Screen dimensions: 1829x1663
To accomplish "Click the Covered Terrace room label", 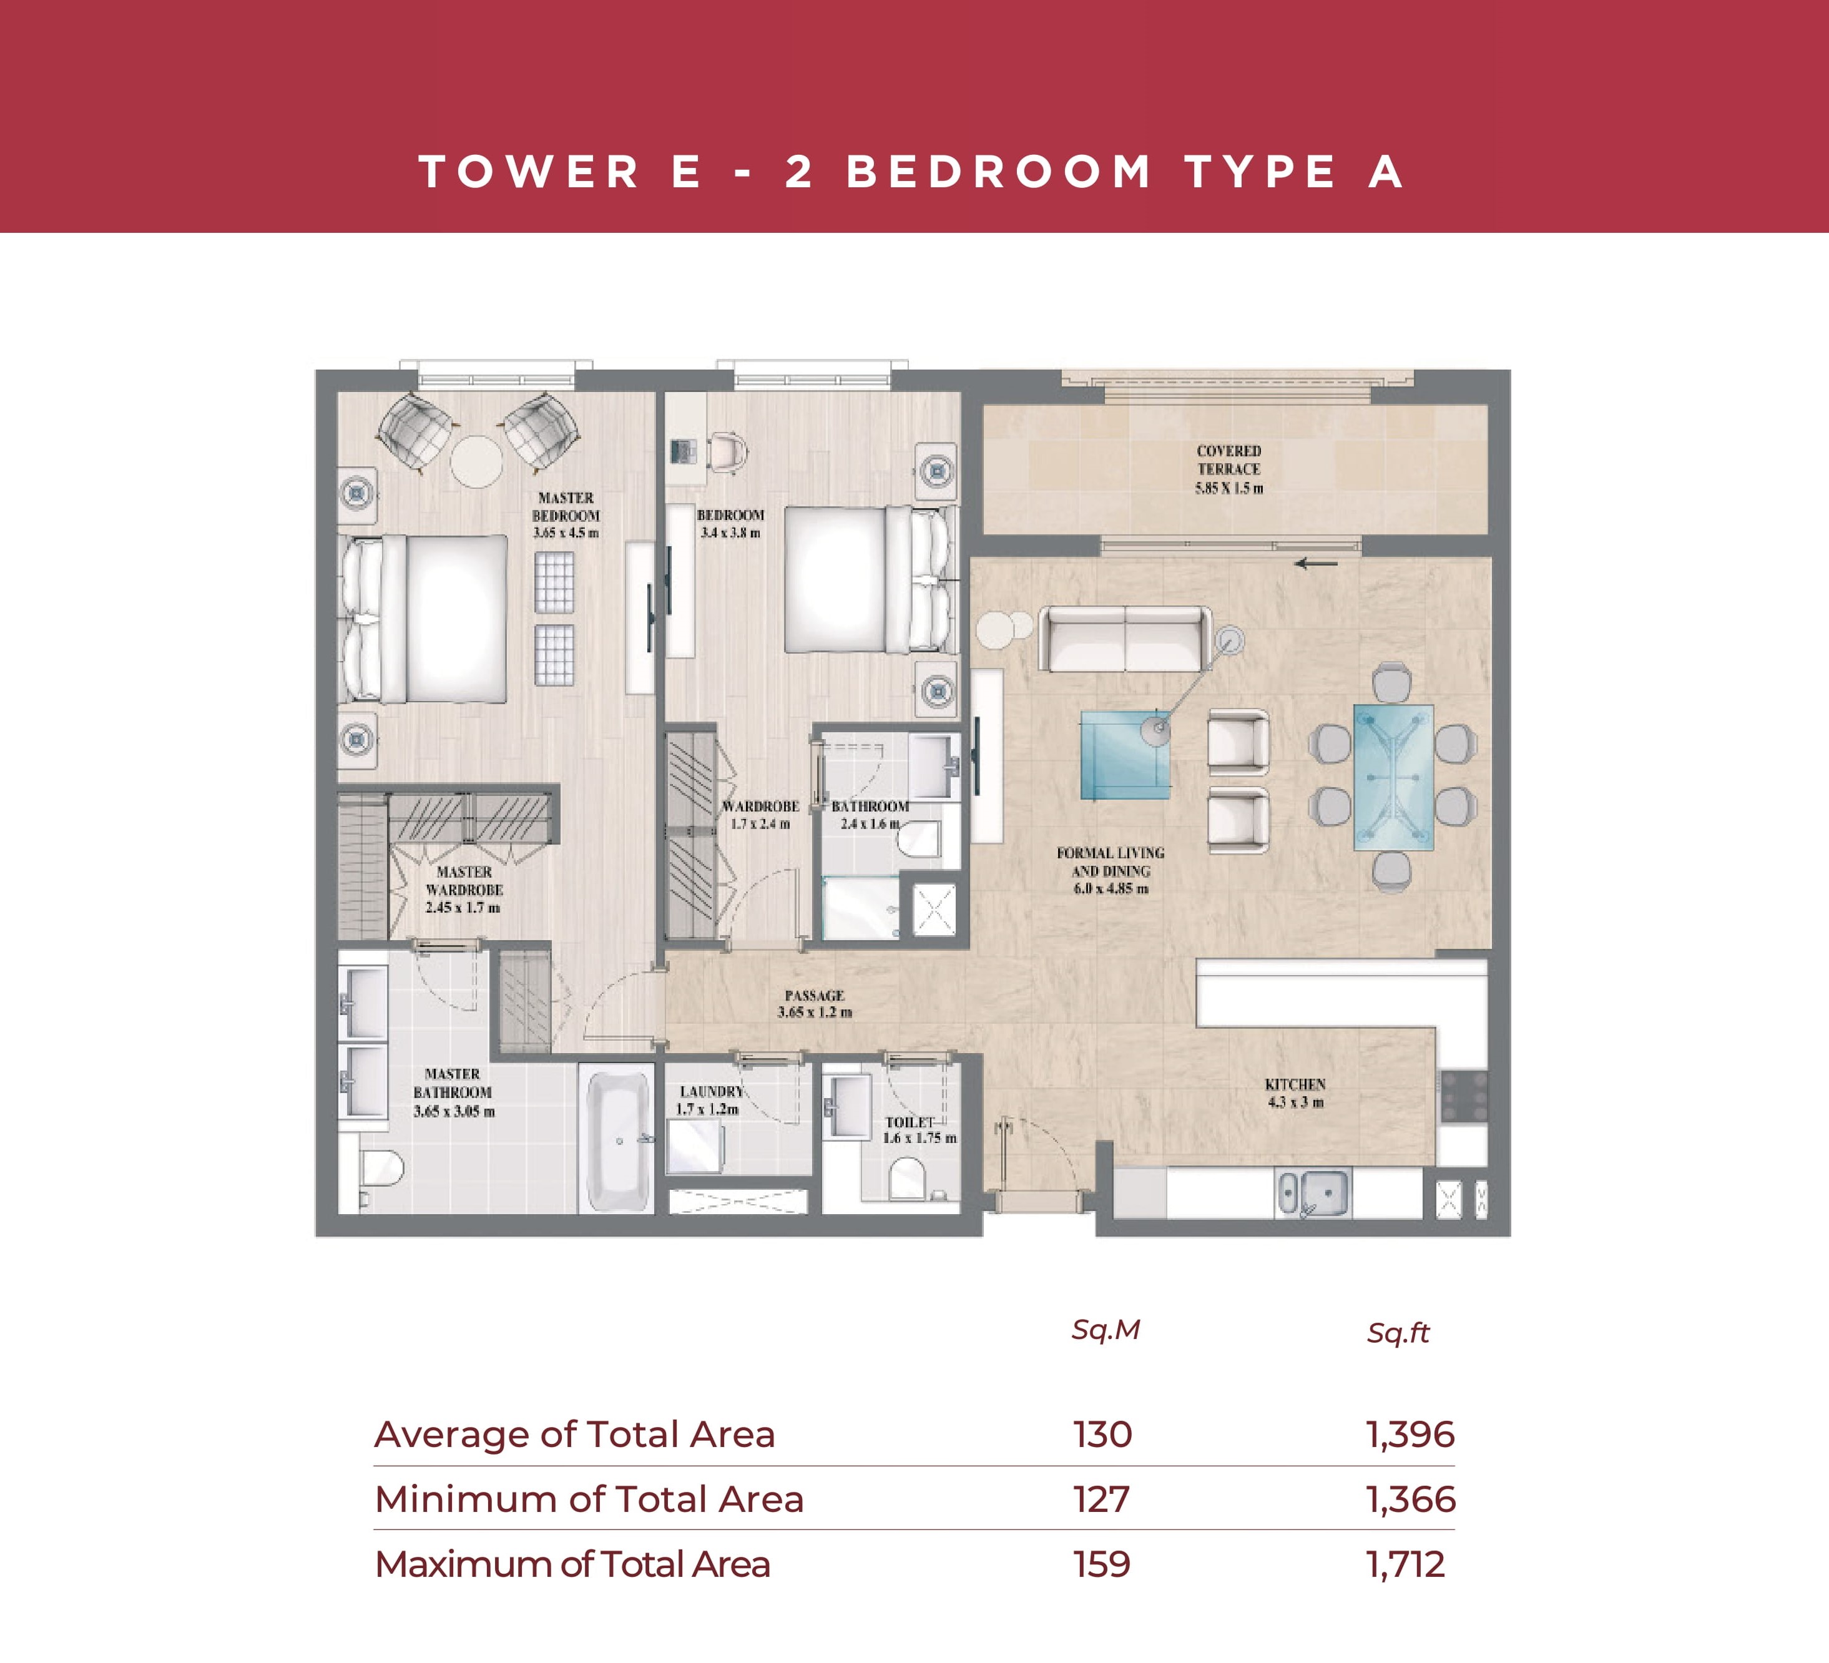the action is (1228, 469).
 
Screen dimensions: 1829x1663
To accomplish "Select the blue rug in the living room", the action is (1125, 755).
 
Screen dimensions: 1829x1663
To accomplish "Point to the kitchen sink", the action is (1312, 1193).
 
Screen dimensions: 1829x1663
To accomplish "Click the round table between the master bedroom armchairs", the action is (476, 462).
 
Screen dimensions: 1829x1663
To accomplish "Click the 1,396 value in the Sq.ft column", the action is (1410, 1435).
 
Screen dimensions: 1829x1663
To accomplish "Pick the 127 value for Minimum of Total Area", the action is (1101, 1499).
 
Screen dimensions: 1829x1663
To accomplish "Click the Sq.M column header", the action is (1105, 1330).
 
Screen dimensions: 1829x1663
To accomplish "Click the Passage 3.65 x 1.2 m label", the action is (815, 1003).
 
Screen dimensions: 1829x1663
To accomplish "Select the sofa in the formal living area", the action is (1125, 638).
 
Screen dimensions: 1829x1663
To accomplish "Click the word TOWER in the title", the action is (529, 172).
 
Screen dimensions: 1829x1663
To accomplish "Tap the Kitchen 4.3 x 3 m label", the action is (1295, 1093).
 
